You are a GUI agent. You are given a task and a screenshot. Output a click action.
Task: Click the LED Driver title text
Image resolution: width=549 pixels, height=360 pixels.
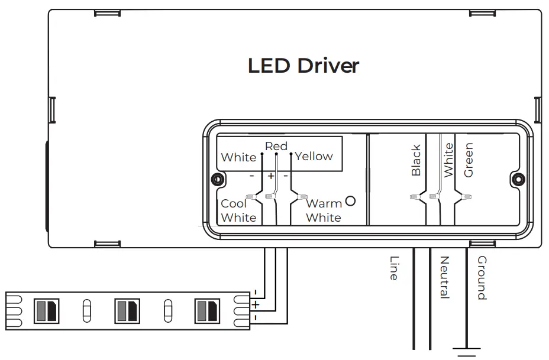click(303, 66)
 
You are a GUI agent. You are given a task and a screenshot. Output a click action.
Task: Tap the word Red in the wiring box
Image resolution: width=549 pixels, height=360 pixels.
click(276, 146)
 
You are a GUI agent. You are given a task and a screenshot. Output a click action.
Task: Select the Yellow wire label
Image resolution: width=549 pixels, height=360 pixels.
click(314, 157)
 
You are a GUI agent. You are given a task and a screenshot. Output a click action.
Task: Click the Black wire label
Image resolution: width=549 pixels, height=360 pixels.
click(416, 160)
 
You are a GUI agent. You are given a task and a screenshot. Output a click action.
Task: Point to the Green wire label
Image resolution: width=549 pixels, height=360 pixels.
click(469, 160)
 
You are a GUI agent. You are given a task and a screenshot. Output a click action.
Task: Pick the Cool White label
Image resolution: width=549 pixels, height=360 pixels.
click(238, 210)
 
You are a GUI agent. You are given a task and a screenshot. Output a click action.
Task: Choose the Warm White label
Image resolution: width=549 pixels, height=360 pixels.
click(324, 210)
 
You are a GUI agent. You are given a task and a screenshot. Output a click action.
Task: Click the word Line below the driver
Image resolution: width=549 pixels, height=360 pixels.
click(394, 268)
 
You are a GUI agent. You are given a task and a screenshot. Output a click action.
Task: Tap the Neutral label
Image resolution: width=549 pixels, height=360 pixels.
click(444, 277)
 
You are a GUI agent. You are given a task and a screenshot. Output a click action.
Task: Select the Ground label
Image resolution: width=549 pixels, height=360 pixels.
click(482, 278)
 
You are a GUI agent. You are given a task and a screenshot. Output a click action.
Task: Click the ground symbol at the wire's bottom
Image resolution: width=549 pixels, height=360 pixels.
click(466, 352)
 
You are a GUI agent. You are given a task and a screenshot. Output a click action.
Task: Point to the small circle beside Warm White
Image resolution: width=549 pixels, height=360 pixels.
click(350, 201)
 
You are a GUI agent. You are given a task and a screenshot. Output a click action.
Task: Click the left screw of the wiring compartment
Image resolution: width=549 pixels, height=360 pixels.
click(218, 180)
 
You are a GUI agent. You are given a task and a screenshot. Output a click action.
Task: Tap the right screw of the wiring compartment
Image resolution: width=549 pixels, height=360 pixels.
click(519, 180)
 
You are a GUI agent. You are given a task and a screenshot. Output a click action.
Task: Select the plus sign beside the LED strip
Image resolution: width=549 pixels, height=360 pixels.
click(256, 304)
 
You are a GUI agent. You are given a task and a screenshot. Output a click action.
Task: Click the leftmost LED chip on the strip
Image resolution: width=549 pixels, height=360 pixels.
click(47, 311)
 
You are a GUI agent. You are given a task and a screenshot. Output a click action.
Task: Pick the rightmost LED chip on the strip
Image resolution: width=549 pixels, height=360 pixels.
click(207, 311)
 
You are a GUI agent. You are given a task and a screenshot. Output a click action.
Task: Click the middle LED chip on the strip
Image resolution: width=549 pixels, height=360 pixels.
click(127, 311)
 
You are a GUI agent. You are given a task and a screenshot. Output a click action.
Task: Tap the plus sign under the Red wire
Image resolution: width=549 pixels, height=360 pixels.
click(270, 176)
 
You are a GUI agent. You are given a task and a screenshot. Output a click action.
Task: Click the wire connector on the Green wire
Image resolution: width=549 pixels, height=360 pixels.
click(466, 197)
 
